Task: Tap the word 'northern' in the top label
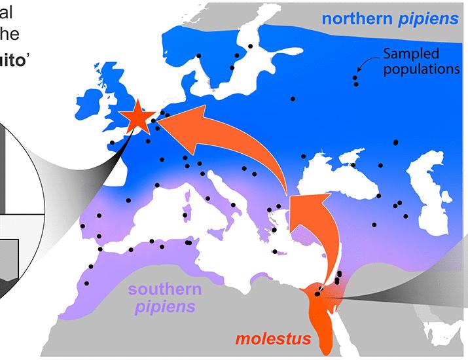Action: tap(357, 19)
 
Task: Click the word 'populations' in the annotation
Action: tap(422, 69)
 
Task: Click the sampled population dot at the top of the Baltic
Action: tap(250, 46)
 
